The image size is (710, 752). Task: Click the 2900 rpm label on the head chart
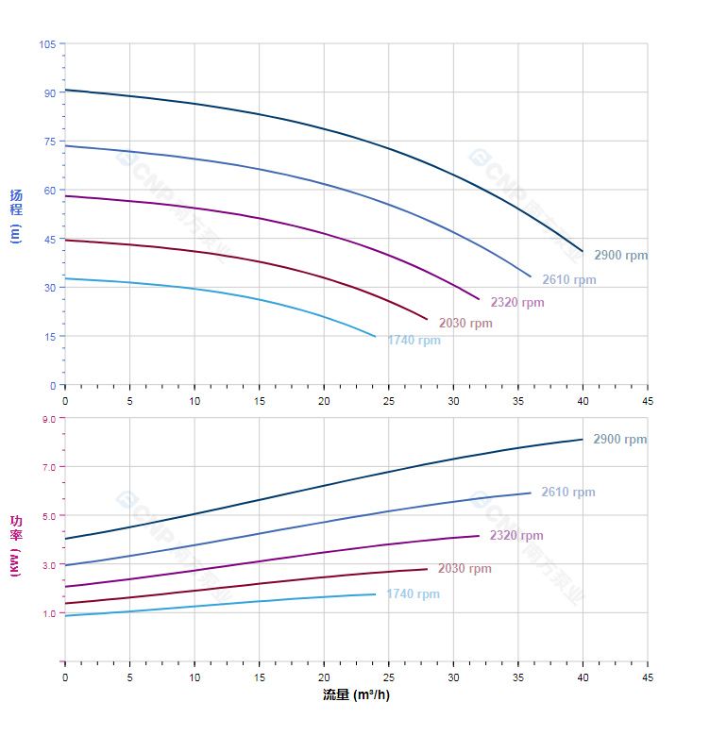click(x=620, y=256)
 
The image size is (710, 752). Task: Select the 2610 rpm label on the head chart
click(x=568, y=280)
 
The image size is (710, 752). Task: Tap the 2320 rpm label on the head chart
click(x=516, y=303)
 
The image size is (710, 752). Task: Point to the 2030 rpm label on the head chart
click(x=465, y=324)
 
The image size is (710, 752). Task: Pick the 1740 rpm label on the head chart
click(x=414, y=341)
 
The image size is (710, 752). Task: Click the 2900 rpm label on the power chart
click(x=619, y=440)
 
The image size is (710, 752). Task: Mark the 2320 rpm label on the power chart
click(x=516, y=536)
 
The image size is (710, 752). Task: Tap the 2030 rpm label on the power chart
click(x=465, y=569)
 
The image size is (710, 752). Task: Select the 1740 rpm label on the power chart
click(x=413, y=594)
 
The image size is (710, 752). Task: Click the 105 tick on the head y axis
click(x=47, y=44)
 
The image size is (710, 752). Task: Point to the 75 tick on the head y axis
click(x=50, y=142)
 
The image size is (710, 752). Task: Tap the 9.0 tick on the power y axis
click(x=49, y=418)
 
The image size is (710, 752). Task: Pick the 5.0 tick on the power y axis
click(x=49, y=515)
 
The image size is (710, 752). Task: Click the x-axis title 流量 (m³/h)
click(x=356, y=695)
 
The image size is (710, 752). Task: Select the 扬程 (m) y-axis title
click(x=15, y=216)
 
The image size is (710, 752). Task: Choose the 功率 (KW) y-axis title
click(x=15, y=545)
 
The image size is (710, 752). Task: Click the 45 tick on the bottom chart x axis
click(x=647, y=677)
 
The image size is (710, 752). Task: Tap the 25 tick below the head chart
click(x=388, y=400)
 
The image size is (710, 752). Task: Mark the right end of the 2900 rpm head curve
click(x=583, y=252)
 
